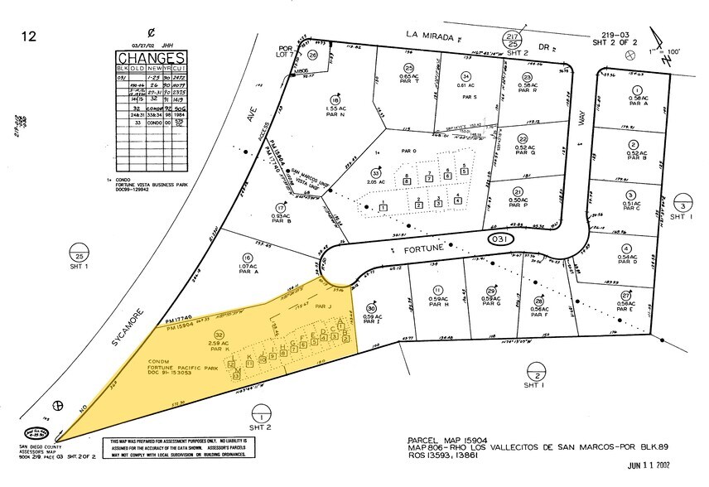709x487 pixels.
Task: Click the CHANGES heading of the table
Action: coord(150,58)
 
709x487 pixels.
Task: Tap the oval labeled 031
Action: coord(499,239)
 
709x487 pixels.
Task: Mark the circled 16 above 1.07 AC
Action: coord(247,258)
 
